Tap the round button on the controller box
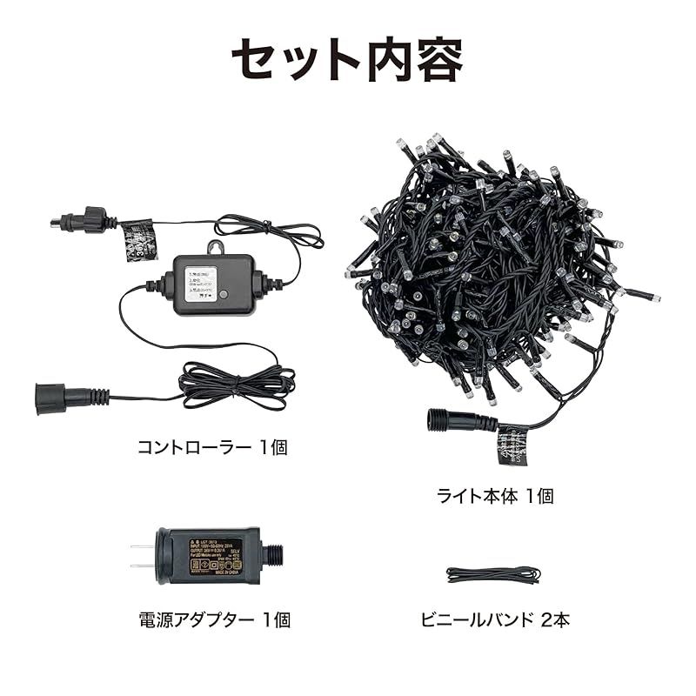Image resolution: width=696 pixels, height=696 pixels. click(224, 295)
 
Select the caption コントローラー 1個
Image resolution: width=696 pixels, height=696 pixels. click(212, 447)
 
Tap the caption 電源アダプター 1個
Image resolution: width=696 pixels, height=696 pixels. click(214, 620)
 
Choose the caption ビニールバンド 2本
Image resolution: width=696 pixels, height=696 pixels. click(494, 620)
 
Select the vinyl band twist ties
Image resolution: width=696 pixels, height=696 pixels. click(493, 574)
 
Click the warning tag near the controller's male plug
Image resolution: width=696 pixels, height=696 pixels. click(138, 237)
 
